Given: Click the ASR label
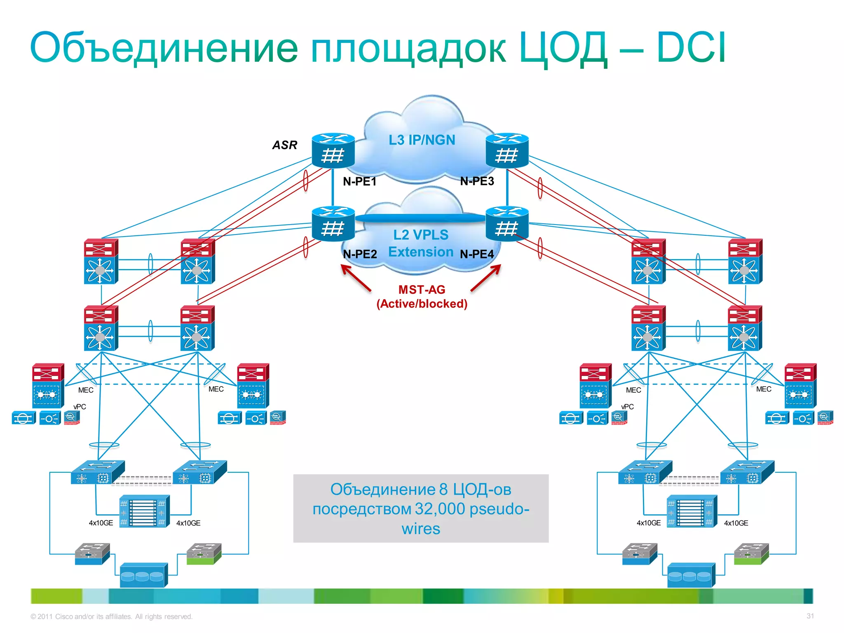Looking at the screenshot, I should coord(284,145).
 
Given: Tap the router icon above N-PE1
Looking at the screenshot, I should coord(333,150).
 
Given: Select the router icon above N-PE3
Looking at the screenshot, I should coord(507,150).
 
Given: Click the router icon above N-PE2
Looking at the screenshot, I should coord(333,223).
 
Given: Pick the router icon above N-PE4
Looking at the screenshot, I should coord(507,223).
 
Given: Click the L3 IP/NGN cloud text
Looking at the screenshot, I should coord(422,140).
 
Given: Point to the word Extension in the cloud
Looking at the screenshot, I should coord(421,252).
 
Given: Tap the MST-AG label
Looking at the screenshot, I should coord(422,290).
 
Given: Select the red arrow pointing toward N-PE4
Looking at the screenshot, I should coord(486,278).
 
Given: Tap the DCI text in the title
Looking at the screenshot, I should coord(691,48).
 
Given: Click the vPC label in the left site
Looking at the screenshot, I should coord(80,407).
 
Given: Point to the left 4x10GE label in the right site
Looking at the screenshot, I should coord(648,523).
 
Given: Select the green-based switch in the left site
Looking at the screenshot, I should coord(204,554).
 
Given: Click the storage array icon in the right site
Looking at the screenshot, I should coord(691,575).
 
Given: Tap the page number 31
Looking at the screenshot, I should coord(810,616).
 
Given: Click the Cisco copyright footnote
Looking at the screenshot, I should coord(111,617).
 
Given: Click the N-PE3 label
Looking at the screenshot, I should coord(477,181).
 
